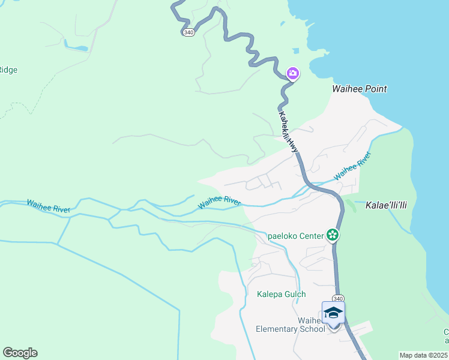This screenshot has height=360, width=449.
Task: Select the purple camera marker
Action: pyautogui.click(x=293, y=74)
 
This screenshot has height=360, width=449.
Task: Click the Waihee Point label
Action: pyautogui.click(x=360, y=89)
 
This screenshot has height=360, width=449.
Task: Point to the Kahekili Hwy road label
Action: pyautogui.click(x=289, y=131)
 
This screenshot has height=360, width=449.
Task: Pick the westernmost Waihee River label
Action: pyautogui.click(x=48, y=206)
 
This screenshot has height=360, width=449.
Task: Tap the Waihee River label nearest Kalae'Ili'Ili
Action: pyautogui.click(x=353, y=166)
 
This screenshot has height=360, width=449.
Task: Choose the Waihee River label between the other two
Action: pyautogui.click(x=219, y=202)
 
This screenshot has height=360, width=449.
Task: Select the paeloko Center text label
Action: pyautogui.click(x=295, y=235)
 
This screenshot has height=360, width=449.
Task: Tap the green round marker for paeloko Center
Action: pyautogui.click(x=332, y=235)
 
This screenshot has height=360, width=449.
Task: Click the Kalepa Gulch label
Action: pyautogui.click(x=281, y=294)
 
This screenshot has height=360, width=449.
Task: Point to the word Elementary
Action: pyautogui.click(x=274, y=329)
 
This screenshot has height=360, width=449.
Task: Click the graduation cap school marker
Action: pyautogui.click(x=333, y=313)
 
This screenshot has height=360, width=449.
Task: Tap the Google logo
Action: pyautogui.click(x=20, y=353)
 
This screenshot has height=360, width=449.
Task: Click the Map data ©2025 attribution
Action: pyautogui.click(x=424, y=355)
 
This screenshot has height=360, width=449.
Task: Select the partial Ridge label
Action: pyautogui.click(x=8, y=70)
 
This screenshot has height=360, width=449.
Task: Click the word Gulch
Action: pyautogui.click(x=294, y=294)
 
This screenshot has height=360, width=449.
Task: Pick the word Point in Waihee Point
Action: pyautogui.click(x=375, y=89)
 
